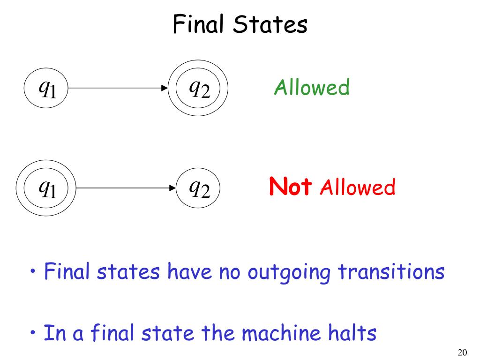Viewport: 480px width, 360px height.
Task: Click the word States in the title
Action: tap(270, 24)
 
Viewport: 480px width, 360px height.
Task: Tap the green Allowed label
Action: tap(312, 88)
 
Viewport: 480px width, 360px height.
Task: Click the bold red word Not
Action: tap(291, 187)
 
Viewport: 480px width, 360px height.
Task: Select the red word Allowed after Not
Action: tap(358, 188)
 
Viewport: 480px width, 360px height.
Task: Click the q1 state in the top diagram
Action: tap(46, 88)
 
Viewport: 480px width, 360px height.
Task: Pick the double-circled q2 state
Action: tap(198, 88)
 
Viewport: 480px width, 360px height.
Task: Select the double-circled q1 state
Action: tap(46, 188)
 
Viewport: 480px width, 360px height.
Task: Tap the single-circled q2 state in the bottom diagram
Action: tap(198, 188)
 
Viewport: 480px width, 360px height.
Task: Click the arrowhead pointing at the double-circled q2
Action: tap(165, 88)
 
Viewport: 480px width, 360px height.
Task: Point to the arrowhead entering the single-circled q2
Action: tap(172, 188)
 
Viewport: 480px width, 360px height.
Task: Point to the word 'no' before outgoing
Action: tap(225, 273)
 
